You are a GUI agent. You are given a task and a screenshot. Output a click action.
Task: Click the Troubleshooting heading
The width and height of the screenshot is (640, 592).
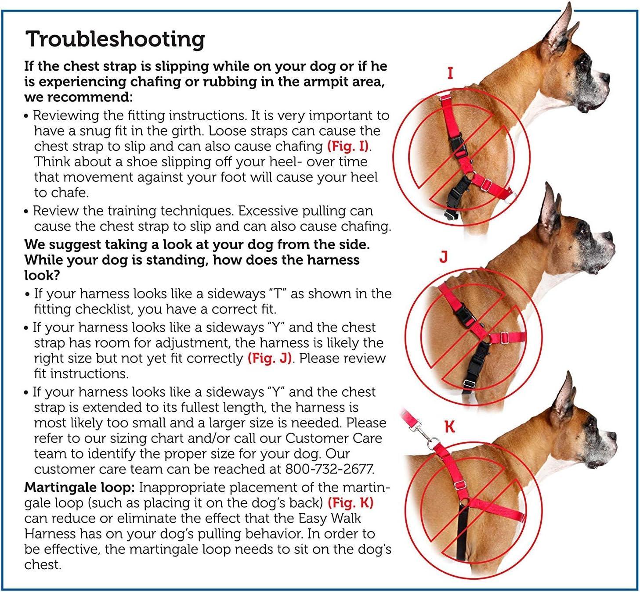coord(115,39)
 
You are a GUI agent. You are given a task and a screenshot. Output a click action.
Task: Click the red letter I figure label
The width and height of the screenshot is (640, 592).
coord(450,73)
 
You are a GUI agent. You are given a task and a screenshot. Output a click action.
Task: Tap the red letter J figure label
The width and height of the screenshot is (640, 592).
coord(444,256)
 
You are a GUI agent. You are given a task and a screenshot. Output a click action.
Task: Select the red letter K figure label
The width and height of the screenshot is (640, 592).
coord(449,427)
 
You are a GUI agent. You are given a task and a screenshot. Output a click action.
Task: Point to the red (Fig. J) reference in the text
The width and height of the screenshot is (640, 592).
coord(270,358)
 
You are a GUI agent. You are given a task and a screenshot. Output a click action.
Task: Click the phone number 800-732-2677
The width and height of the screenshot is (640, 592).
coord(329,469)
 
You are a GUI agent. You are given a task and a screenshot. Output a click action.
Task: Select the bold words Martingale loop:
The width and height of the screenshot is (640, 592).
coord(80,487)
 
